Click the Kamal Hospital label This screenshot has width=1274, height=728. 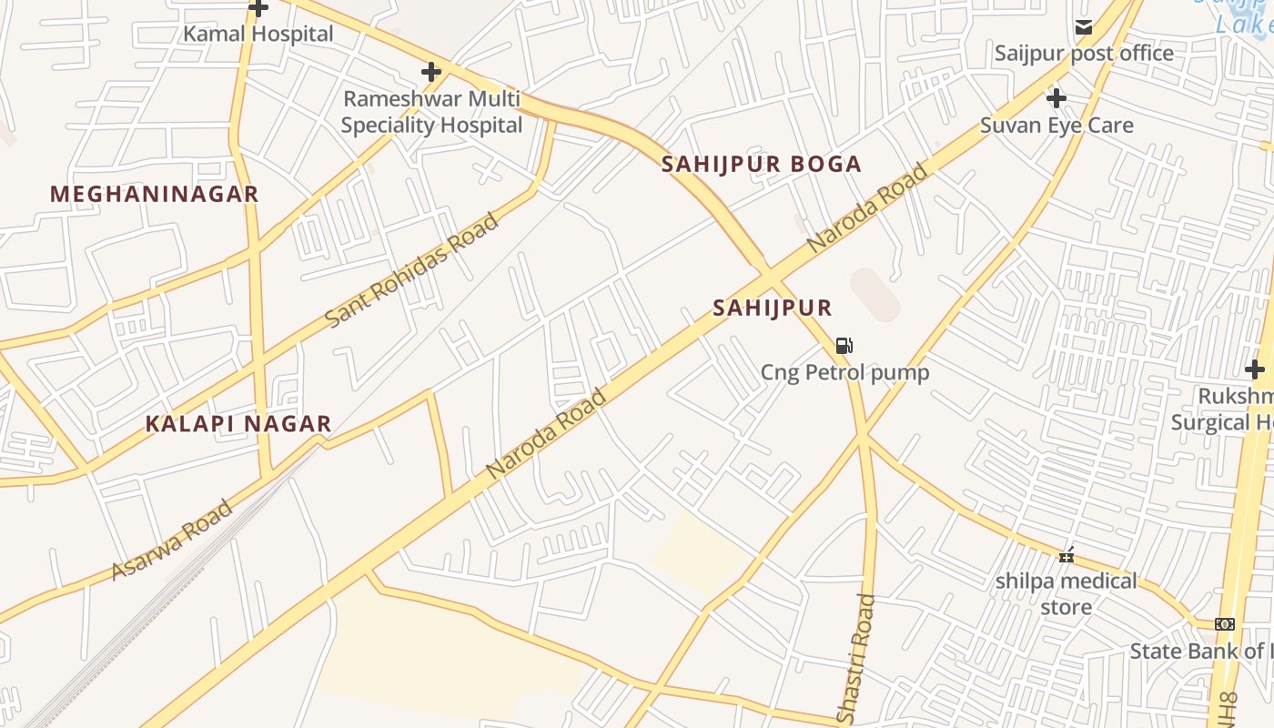pyautogui.click(x=258, y=35)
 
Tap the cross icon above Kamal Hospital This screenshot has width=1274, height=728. pyautogui.click(x=258, y=8)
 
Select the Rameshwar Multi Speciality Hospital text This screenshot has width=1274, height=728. pyautogui.click(x=431, y=112)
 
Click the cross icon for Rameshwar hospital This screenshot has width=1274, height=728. pyautogui.click(x=431, y=71)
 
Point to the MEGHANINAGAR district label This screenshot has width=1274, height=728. pyautogui.click(x=155, y=194)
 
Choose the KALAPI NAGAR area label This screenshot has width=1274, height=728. pyautogui.click(x=238, y=424)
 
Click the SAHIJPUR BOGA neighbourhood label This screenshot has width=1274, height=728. pyautogui.click(x=761, y=165)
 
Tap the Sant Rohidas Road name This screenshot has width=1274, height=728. pyautogui.click(x=412, y=270)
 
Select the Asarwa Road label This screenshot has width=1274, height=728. pyautogui.click(x=172, y=540)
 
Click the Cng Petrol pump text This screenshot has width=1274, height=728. pyautogui.click(x=844, y=373)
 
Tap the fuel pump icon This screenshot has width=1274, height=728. pyautogui.click(x=844, y=346)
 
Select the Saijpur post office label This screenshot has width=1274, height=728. pyautogui.click(x=1083, y=54)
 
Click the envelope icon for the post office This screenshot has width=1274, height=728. pyautogui.click(x=1083, y=27)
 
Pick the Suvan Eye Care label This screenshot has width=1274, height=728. pyautogui.click(x=1057, y=126)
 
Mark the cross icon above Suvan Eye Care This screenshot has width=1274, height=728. pyautogui.click(x=1057, y=97)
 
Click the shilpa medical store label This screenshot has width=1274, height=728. pyautogui.click(x=1066, y=593)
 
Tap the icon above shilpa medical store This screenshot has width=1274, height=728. pyautogui.click(x=1067, y=554)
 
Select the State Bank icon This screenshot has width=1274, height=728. pyautogui.click(x=1225, y=624)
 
